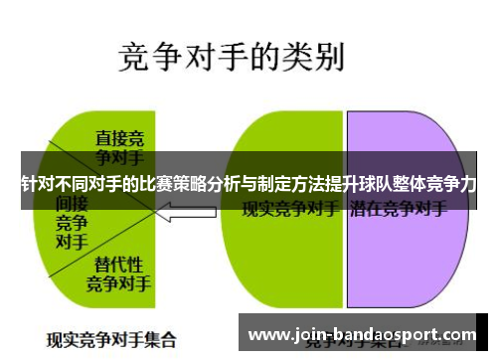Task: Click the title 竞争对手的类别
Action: click(x=231, y=56)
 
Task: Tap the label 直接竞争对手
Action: click(x=119, y=146)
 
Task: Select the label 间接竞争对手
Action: click(x=70, y=220)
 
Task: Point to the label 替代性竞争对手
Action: click(x=118, y=273)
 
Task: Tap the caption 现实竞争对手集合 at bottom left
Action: click(x=110, y=336)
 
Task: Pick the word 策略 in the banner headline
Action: click(x=190, y=185)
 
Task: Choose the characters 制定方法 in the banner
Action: click(x=283, y=185)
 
